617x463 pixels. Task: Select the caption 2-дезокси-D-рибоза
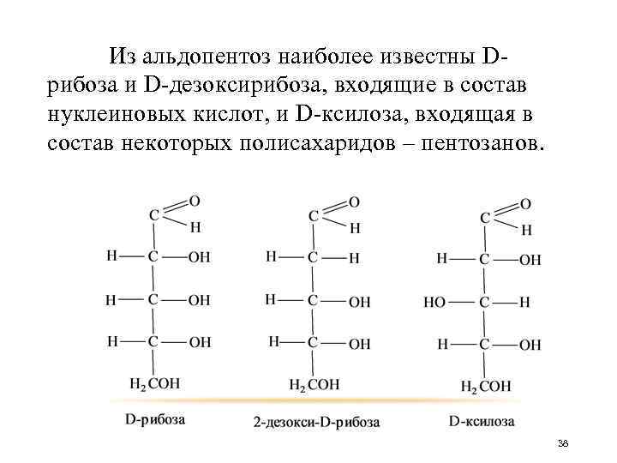[x=316, y=422]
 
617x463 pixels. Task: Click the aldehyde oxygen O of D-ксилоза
[x=525, y=204]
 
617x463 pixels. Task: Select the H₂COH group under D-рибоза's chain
[x=153, y=382]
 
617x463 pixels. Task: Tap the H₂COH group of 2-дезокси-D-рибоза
[x=314, y=383]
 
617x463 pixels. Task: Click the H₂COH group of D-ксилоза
[x=485, y=387]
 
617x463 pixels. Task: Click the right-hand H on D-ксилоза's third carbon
[x=524, y=303]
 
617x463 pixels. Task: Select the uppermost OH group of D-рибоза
[x=199, y=257]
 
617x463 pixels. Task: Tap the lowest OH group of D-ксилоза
[x=530, y=345]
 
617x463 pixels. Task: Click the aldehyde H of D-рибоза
[x=195, y=227]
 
